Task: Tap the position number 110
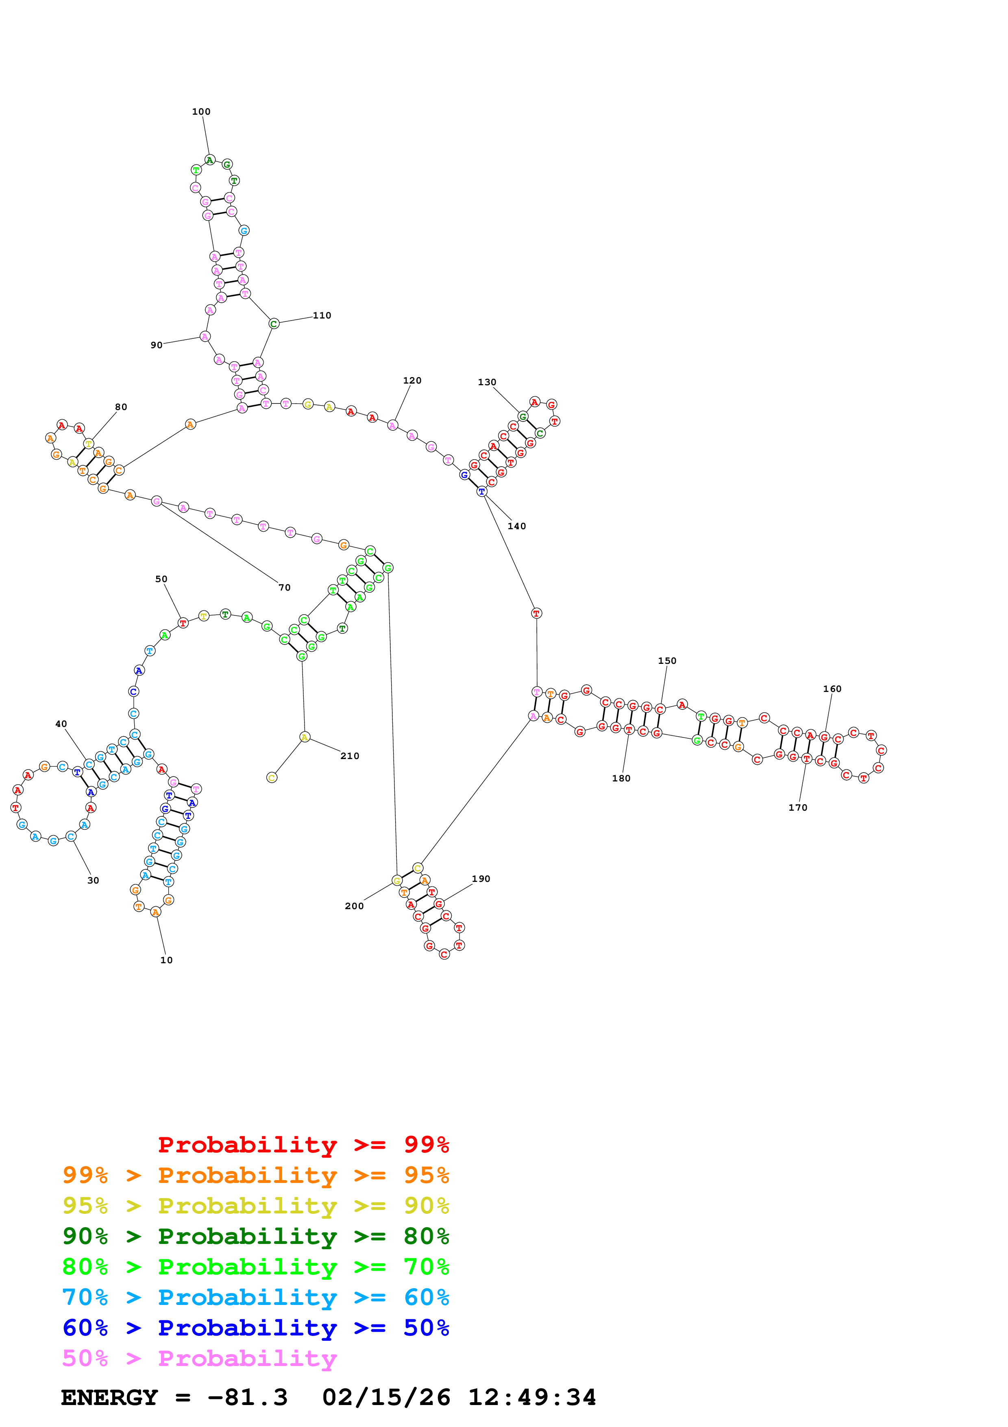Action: [x=322, y=316]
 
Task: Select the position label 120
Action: [x=412, y=380]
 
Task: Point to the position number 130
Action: [x=487, y=382]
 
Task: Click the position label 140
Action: [x=517, y=526]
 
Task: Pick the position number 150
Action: [x=667, y=661]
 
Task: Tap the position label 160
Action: [x=832, y=689]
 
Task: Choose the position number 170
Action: [x=798, y=808]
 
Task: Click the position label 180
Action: [x=621, y=779]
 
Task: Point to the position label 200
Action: [x=354, y=906]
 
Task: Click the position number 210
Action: [x=350, y=756]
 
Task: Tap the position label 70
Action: [x=285, y=588]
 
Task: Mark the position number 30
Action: [x=93, y=881]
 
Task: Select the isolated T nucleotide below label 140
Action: [x=537, y=613]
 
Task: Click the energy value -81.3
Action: [x=248, y=1398]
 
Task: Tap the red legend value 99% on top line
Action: [x=426, y=1144]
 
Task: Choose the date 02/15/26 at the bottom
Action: [x=386, y=1398]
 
